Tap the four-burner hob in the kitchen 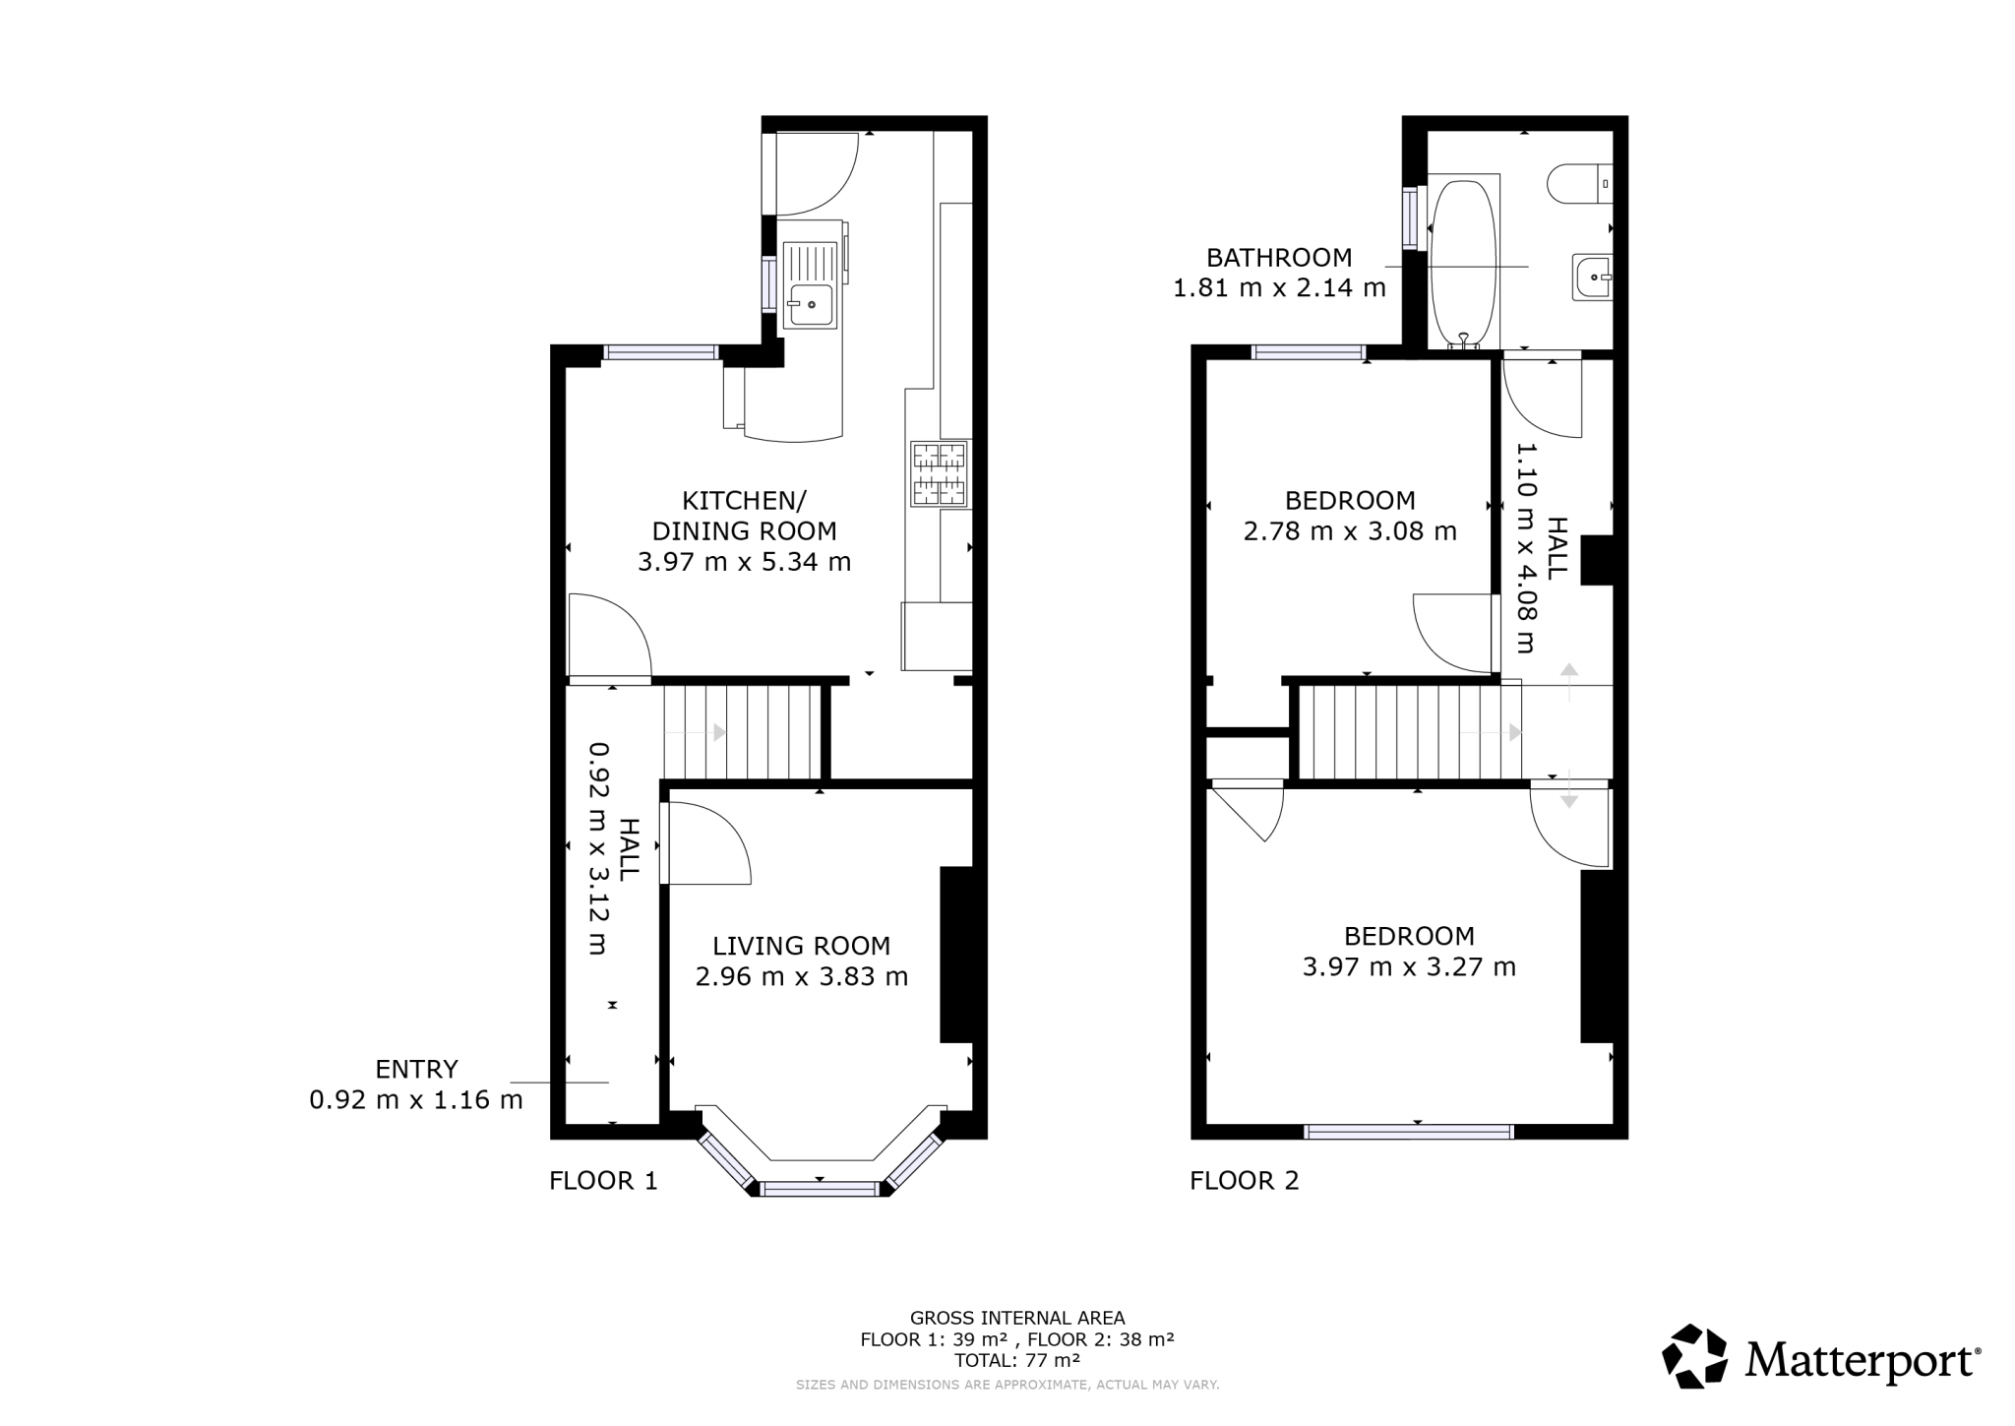[940, 474]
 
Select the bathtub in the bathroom [1463, 263]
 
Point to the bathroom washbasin [1591, 278]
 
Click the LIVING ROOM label [801, 946]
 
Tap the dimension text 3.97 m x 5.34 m [744, 562]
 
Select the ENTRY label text [416, 1069]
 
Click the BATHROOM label [1279, 258]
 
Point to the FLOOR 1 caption [602, 1180]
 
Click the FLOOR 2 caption [1244, 1180]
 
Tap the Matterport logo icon [1694, 1357]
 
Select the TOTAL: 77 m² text [1016, 1361]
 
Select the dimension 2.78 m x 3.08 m [1350, 531]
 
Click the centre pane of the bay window [820, 1189]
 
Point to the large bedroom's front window [1408, 1132]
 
